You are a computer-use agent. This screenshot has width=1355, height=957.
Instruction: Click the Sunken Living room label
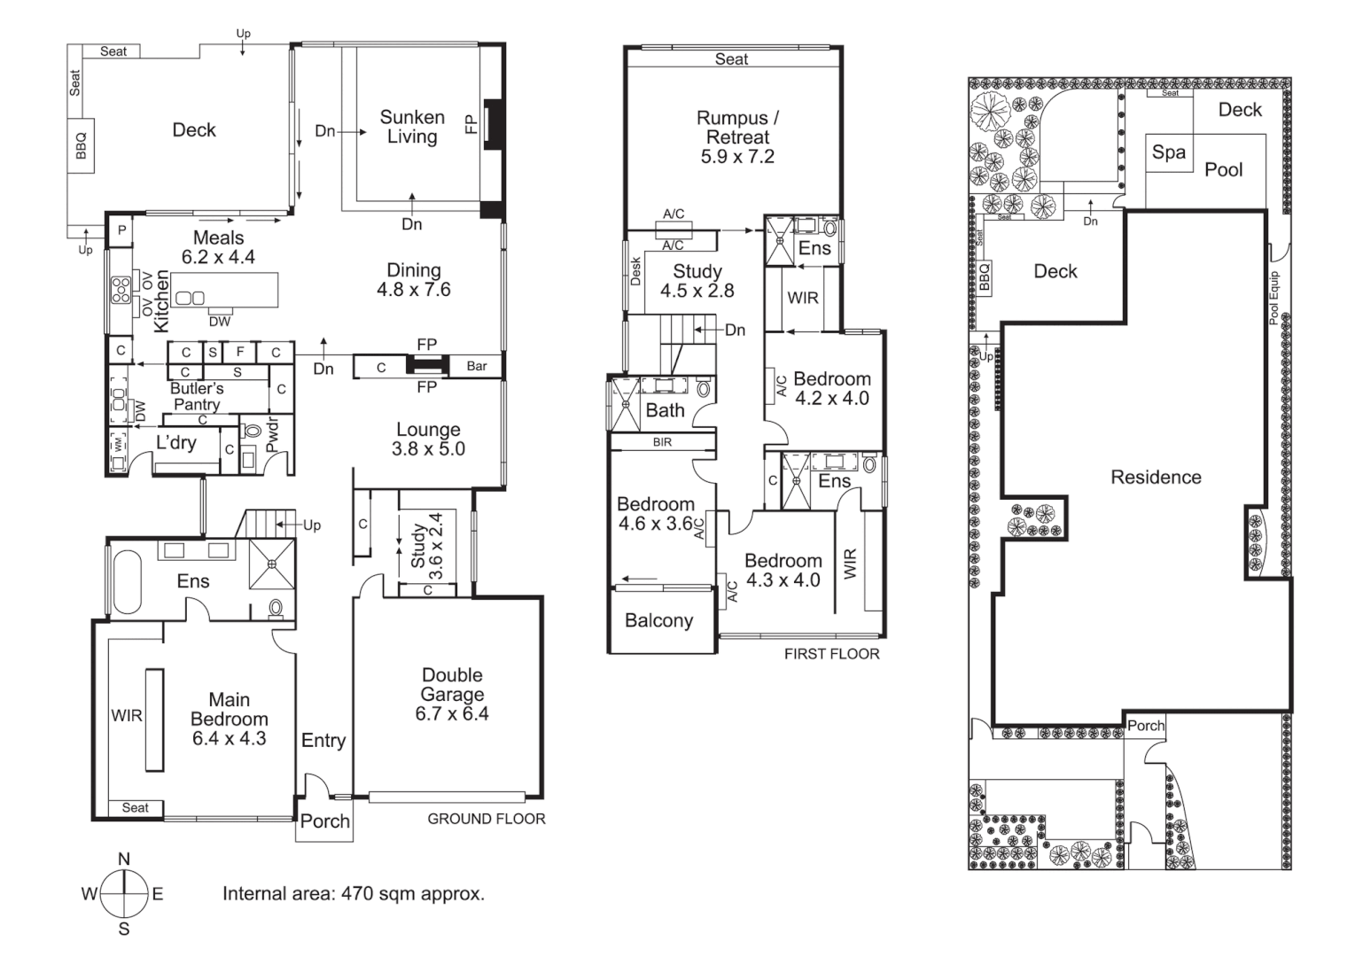412,127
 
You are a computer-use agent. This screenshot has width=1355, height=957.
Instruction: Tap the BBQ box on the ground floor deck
82,145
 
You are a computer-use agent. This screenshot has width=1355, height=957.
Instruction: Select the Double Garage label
452,694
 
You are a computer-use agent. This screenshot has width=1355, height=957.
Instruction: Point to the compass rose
124,894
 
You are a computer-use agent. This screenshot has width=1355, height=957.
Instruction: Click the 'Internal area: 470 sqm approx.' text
353,893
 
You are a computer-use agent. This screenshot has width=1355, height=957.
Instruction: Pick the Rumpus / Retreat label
737,137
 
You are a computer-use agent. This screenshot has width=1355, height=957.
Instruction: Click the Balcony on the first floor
658,620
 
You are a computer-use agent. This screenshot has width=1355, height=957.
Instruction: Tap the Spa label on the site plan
1168,152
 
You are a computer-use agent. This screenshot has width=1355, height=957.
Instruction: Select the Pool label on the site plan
1223,169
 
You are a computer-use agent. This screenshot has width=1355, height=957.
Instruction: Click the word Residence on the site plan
1156,478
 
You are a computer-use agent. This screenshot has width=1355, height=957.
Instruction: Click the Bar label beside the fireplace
477,366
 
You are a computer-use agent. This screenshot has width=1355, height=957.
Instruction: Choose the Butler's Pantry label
197,396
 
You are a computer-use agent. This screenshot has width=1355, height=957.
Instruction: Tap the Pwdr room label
272,435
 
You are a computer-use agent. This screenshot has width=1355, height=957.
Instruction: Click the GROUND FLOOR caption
486,819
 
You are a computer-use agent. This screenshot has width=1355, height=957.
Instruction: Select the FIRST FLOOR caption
831,654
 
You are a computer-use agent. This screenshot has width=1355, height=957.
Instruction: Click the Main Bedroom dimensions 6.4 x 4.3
229,738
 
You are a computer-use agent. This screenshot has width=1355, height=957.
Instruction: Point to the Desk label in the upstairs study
635,270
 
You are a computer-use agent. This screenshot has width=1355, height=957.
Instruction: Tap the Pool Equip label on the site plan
1274,299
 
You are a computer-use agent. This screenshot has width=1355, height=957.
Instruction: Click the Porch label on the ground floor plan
324,821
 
